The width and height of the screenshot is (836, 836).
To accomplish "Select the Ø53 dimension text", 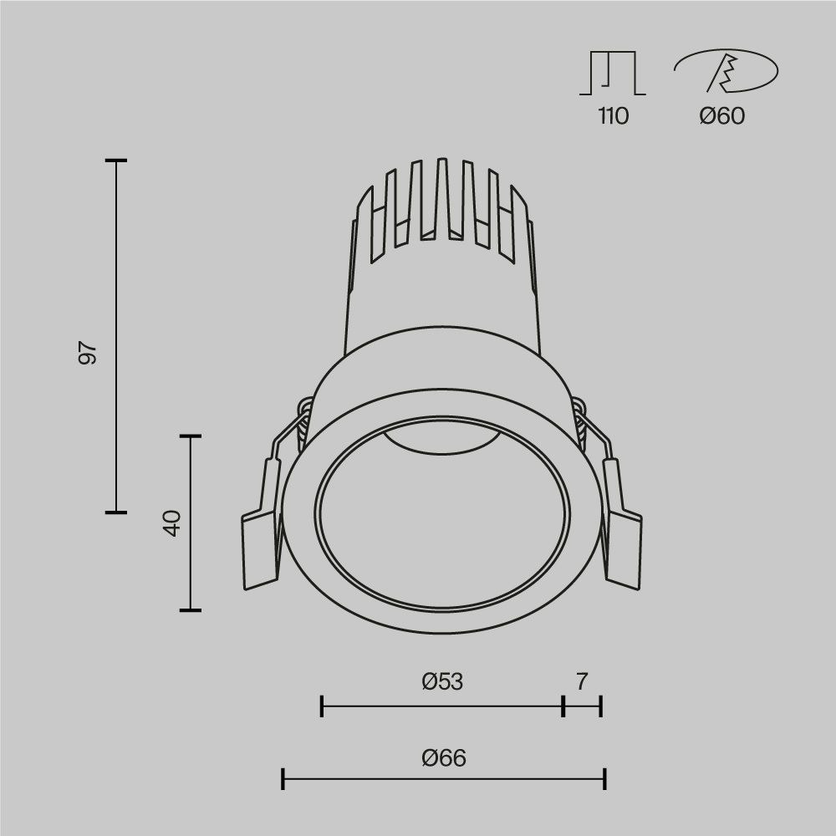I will (442, 682).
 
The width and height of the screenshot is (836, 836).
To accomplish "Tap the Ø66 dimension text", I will (444, 758).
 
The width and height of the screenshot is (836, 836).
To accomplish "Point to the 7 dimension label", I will (581, 682).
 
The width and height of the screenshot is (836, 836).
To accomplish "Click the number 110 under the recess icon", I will (613, 116).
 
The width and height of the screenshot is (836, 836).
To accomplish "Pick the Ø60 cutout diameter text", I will (721, 116).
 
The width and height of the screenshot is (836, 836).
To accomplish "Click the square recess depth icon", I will (613, 73).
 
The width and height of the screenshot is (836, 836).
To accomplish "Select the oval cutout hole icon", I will (725, 72).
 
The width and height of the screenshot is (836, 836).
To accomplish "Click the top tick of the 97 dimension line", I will (115, 160).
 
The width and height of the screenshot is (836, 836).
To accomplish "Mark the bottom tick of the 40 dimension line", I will (191, 609).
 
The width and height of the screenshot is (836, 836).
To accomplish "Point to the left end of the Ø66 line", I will (284, 780).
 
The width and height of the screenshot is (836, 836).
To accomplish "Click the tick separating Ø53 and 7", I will (563, 706).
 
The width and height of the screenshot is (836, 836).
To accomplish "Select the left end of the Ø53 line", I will (323, 706).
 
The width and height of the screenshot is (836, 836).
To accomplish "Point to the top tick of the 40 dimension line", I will (191, 436).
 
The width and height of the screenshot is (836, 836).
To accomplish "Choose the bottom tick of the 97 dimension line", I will (115, 512).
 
